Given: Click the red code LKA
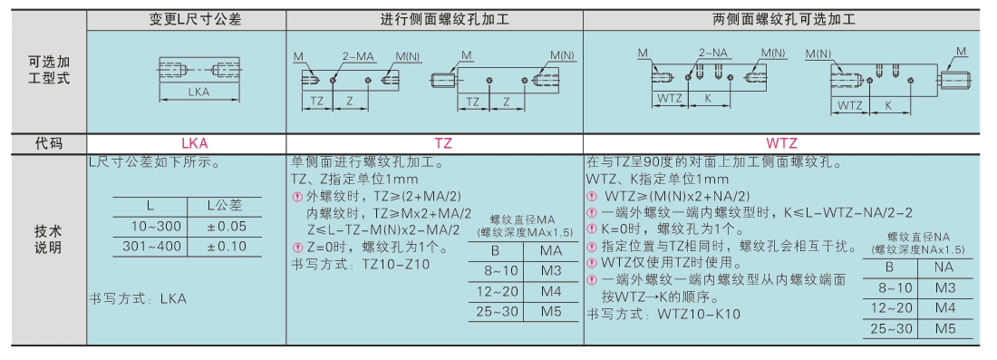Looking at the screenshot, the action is click(186, 144).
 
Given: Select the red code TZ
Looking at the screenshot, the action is click(444, 144).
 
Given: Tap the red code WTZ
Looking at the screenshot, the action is click(781, 144).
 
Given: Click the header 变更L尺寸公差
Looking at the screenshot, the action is click(187, 20).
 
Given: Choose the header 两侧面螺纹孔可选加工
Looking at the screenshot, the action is click(780, 20).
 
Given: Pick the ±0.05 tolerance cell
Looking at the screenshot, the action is click(225, 227).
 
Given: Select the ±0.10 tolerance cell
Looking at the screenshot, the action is click(225, 246).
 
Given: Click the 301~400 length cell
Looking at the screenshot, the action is click(150, 246).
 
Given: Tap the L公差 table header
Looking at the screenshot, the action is click(225, 206).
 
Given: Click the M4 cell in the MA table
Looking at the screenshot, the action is click(551, 291).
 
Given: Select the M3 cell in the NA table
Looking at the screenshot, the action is click(944, 288).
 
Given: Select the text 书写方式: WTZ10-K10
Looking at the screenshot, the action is click(663, 314).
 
